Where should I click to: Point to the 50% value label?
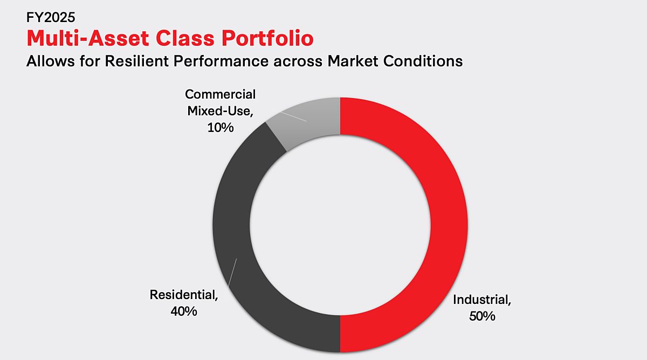[481, 316]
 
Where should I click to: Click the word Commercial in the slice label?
[220, 95]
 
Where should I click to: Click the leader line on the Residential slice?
[232, 272]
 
